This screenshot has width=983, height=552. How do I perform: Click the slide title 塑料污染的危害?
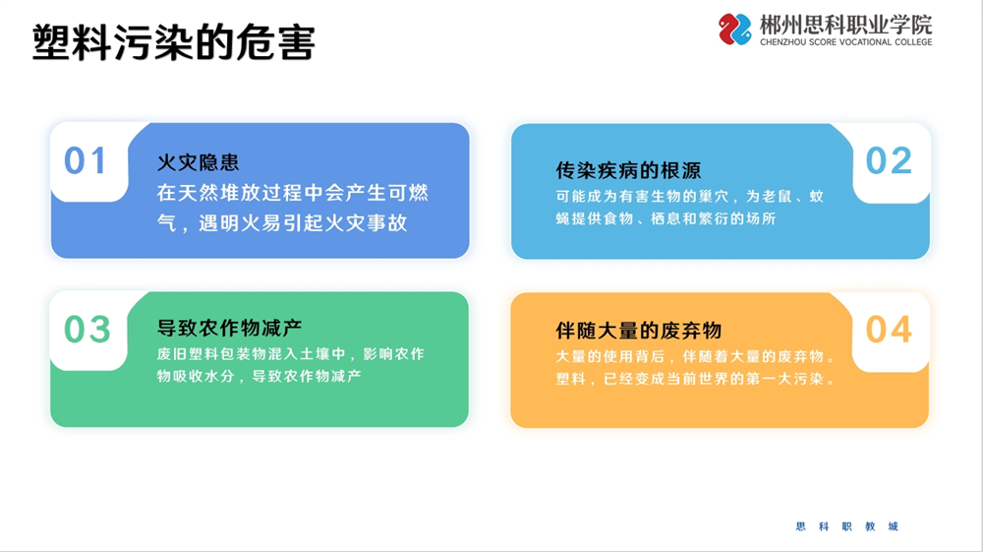click(174, 42)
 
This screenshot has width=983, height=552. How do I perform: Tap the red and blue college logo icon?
click(734, 30)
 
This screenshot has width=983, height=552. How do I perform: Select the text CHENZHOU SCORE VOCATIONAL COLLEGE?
click(845, 42)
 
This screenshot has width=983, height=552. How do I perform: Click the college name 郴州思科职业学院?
click(845, 26)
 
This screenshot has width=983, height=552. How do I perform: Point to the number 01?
click(86, 160)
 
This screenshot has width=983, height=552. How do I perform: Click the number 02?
click(889, 160)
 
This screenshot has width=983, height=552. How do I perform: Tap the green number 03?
click(87, 330)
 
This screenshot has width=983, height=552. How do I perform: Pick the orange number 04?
click(889, 330)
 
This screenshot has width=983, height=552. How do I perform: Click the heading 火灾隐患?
click(199, 162)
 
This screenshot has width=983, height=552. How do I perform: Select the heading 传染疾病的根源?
click(628, 170)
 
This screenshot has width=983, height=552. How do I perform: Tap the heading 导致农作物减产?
click(229, 328)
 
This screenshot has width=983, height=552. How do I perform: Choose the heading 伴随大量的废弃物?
click(638, 331)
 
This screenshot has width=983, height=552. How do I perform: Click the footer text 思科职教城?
click(847, 526)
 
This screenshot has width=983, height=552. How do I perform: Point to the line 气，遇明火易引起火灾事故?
click(282, 222)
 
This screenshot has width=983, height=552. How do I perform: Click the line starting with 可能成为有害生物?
click(690, 197)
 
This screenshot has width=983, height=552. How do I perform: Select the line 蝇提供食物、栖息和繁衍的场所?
click(665, 218)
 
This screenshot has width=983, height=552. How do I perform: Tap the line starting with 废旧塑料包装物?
click(291, 354)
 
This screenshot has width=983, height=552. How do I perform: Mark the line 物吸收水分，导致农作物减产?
click(259, 376)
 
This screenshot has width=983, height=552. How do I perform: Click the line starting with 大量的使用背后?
click(696, 356)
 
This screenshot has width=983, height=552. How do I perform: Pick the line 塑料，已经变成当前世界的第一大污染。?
click(696, 379)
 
